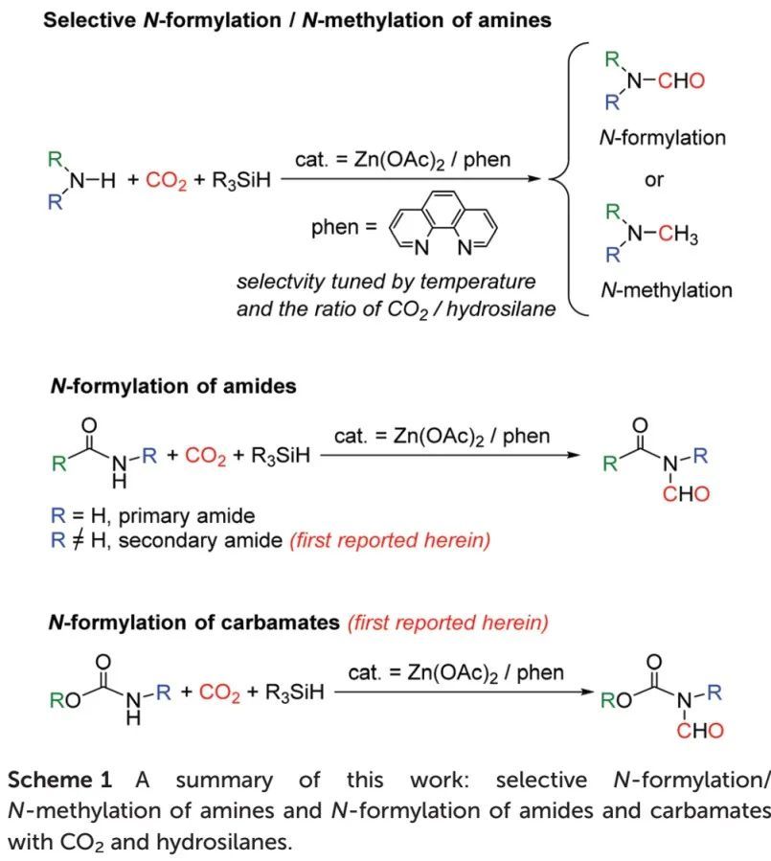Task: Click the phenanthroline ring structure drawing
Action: click(443, 227)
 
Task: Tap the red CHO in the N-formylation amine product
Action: click(681, 80)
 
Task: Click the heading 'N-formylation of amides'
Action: click(172, 387)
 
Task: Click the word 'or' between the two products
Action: click(653, 179)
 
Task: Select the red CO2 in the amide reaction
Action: click(205, 456)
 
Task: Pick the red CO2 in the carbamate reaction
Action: click(219, 691)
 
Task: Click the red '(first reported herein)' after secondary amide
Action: click(390, 540)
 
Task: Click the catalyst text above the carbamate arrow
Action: click(456, 672)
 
